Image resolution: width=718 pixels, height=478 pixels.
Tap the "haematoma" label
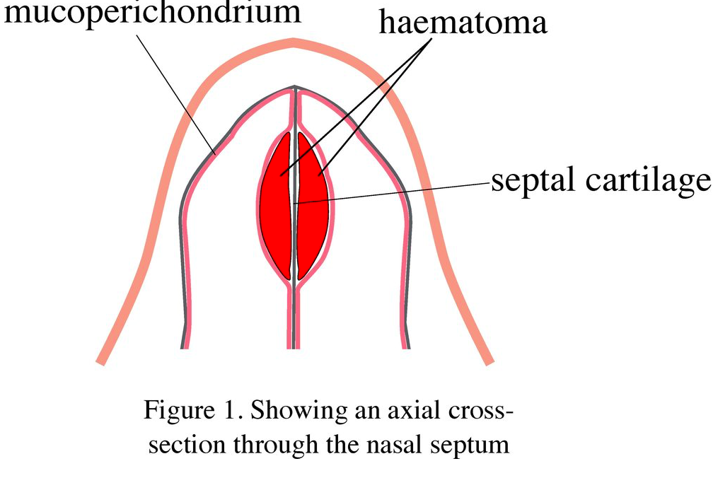pos(463,23)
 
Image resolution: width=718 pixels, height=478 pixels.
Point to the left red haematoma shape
pos(276,205)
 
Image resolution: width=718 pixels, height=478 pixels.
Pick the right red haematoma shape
pos(312,205)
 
